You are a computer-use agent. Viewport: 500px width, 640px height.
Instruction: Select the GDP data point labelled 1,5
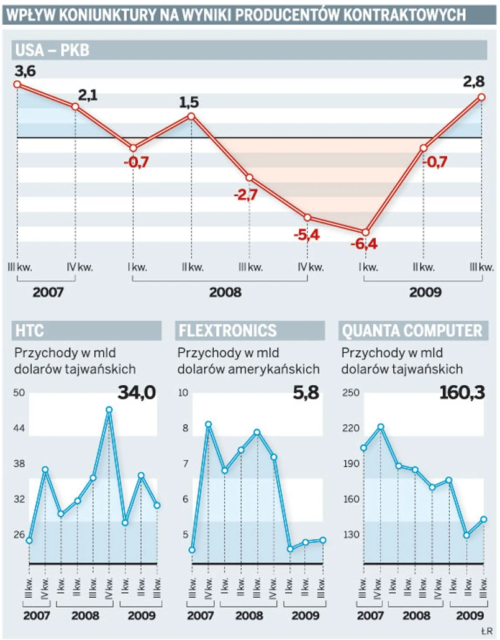point(191,116)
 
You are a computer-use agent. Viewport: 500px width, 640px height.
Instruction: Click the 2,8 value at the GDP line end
point(475,81)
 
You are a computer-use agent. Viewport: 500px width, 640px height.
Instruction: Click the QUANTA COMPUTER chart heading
point(412,330)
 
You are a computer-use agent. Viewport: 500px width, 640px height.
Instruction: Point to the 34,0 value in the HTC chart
point(136,393)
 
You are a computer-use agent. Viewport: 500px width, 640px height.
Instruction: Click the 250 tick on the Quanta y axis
point(352,392)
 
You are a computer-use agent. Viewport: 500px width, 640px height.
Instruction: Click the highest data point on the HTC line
point(109,409)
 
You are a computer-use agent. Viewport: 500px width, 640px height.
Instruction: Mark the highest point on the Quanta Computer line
point(381,427)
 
